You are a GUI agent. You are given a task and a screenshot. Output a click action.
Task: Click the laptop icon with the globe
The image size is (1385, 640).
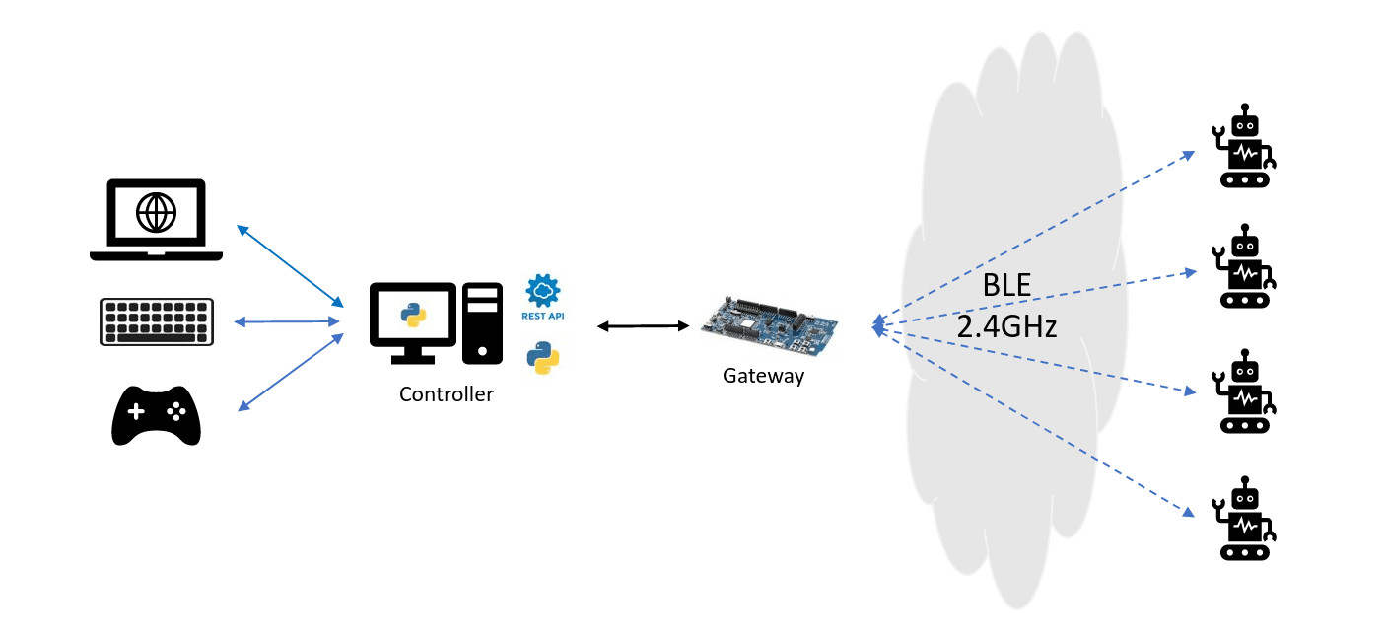pyautogui.click(x=156, y=219)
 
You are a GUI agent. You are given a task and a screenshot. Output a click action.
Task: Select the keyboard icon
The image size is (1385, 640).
pyautogui.click(x=157, y=321)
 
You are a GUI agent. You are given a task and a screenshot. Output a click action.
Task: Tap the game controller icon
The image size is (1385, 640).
pyautogui.click(x=156, y=415)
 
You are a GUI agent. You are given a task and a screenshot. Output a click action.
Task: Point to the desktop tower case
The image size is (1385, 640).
pyautogui.click(x=482, y=321)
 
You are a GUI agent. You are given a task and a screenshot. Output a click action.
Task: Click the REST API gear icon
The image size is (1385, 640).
pyautogui.click(x=543, y=292)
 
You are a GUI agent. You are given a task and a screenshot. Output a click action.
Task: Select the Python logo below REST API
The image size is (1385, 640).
pyautogui.click(x=543, y=357)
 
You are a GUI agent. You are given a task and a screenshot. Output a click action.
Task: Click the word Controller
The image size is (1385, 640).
pyautogui.click(x=446, y=394)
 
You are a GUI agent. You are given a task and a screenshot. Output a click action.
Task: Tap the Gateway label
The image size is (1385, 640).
pyautogui.click(x=763, y=376)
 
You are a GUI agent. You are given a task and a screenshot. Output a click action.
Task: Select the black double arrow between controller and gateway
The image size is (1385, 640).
pyautogui.click(x=642, y=325)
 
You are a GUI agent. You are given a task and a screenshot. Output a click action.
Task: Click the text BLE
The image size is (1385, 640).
pyautogui.click(x=1006, y=286)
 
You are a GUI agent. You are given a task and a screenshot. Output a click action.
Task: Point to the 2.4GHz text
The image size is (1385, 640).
pyautogui.click(x=1006, y=326)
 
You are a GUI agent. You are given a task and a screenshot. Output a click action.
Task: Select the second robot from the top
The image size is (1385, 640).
pyautogui.click(x=1245, y=266)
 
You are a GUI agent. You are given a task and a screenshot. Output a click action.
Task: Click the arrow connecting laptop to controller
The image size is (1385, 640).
pyautogui.click(x=290, y=264)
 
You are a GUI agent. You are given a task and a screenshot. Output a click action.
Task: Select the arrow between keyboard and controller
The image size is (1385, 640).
pyautogui.click(x=286, y=321)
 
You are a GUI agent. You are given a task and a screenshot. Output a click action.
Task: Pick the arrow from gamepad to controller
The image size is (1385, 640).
pyautogui.click(x=291, y=372)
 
